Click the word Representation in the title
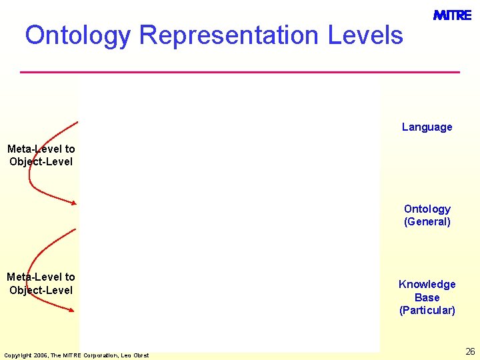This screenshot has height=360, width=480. tap(229, 35)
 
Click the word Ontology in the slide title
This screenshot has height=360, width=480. tap(78, 35)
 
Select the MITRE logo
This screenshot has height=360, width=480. tap(452, 15)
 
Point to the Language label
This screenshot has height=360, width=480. tap(427, 127)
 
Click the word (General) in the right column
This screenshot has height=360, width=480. tap(427, 222)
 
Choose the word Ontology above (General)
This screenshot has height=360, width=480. tap(427, 209)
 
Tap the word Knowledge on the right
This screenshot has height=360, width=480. tap(427, 284)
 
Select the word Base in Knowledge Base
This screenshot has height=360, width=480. tap(427, 297)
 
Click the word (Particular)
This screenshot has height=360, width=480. tap(427, 310)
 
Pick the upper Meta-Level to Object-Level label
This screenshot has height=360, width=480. tap(41, 155)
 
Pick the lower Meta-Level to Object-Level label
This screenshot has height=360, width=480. tap(41, 283)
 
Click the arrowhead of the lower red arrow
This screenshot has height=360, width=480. tap(71, 309)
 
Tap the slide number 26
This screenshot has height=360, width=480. tap(470, 351)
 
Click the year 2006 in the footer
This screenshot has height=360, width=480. tap(39, 355)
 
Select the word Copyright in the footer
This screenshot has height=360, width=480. tap(17, 355)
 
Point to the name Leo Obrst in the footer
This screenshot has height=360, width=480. tap(137, 355)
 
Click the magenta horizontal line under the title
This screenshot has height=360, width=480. tap(240, 71)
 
